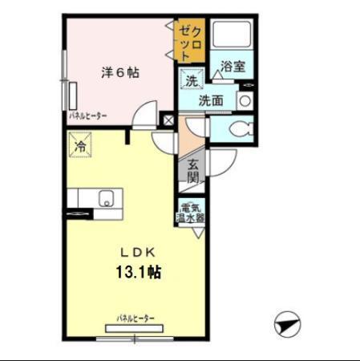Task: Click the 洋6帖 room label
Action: tap(120, 72)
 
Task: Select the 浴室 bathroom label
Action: tap(233, 67)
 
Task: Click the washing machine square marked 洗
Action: tap(192, 80)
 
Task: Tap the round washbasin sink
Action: tap(245, 102)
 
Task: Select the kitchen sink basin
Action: tap(106, 198)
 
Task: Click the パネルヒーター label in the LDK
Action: tap(136, 318)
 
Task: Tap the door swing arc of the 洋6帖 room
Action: tap(144, 112)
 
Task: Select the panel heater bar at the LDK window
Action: tap(135, 327)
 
